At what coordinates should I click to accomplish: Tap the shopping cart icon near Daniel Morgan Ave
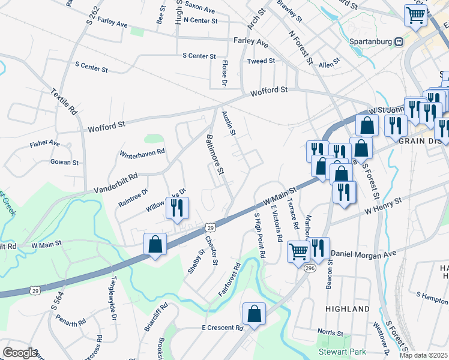(298, 251)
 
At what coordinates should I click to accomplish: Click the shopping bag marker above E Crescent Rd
(254, 313)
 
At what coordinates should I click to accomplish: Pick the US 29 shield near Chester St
(209, 227)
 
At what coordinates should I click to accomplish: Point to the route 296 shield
(309, 267)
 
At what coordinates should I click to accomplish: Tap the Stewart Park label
(343, 351)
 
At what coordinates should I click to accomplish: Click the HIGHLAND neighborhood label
(348, 309)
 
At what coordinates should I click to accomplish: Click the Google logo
(20, 353)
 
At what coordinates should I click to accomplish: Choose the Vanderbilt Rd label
(116, 184)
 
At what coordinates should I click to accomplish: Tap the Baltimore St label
(214, 155)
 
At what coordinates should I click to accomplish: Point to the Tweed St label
(261, 61)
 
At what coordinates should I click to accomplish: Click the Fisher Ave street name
(45, 144)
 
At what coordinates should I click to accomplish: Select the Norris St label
(330, 332)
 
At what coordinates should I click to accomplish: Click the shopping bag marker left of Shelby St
(155, 245)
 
